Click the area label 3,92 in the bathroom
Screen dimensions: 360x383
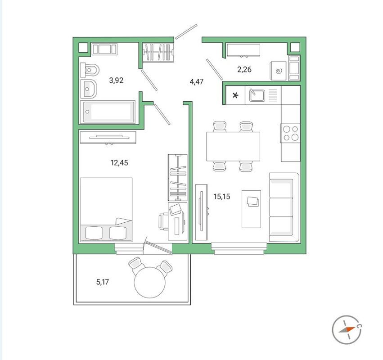click(x=116, y=81)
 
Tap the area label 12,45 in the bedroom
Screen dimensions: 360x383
click(x=119, y=163)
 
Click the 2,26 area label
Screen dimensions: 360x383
click(x=244, y=69)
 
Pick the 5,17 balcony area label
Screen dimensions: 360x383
click(x=103, y=283)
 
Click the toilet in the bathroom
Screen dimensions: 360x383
click(x=91, y=70)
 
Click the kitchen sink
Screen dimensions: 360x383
click(x=257, y=95)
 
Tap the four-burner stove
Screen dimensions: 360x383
click(x=290, y=133)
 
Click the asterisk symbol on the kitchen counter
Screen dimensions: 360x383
click(x=235, y=96)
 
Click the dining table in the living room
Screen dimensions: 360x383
click(x=233, y=146)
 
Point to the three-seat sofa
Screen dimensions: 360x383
click(x=284, y=207)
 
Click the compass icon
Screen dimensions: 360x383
click(x=347, y=330)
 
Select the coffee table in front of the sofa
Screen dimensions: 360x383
click(x=251, y=209)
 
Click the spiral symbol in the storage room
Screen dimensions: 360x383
click(x=278, y=71)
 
